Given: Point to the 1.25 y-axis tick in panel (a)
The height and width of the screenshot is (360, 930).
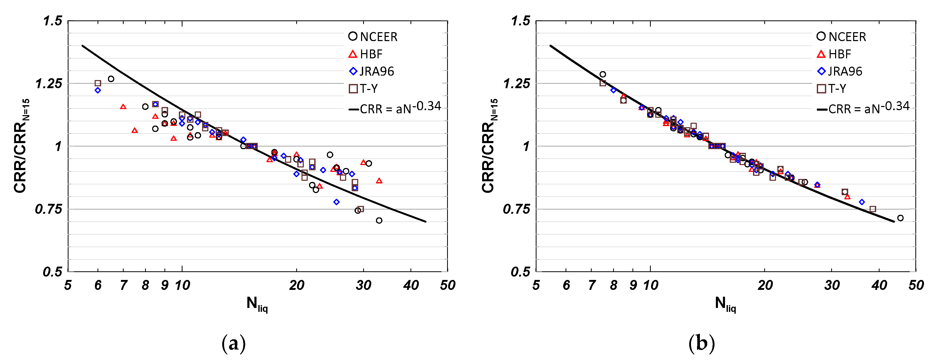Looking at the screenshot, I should [49, 83].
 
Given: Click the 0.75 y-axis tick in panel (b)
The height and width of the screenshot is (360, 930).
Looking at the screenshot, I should [517, 209].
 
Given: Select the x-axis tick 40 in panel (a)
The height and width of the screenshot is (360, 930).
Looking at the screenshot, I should [411, 285].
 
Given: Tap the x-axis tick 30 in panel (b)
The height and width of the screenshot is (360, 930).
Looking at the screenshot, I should [832, 285].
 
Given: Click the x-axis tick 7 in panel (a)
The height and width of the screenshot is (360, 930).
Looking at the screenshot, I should [123, 285].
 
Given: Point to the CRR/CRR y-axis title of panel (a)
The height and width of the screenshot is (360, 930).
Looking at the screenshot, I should [22, 146].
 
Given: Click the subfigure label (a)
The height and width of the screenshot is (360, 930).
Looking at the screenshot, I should [233, 343].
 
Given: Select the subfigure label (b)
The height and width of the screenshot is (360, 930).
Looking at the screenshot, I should [701, 343].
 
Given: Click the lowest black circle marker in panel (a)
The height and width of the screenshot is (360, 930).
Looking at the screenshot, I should [379, 221].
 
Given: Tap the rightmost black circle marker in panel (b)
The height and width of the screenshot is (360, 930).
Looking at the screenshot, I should [900, 218].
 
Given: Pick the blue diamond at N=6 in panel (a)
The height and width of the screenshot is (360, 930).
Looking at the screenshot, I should [98, 90].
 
